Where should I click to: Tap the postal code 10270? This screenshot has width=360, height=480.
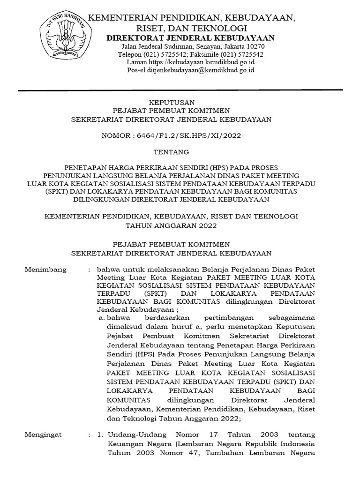pyautogui.click(x=255, y=47)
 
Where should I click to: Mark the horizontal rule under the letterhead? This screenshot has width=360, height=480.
pyautogui.click(x=180, y=90)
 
